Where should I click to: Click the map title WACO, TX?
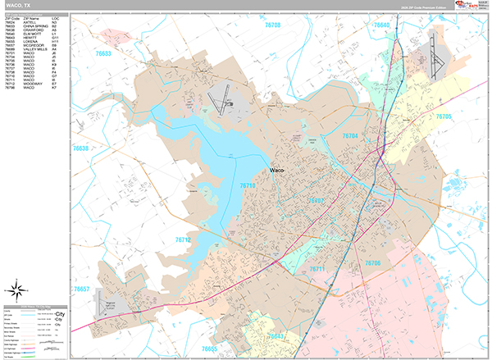tap(20, 5)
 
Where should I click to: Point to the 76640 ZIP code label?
tap(382, 25)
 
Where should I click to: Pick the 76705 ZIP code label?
tap(444, 117)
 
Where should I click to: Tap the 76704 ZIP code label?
tap(350, 135)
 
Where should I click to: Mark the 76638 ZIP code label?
tap(80, 148)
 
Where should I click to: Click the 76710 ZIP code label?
tap(248, 187)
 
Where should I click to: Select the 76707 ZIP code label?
tap(315, 200)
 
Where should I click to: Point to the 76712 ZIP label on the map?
tap(183, 239)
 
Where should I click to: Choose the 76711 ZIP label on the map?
tap(317, 269)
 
